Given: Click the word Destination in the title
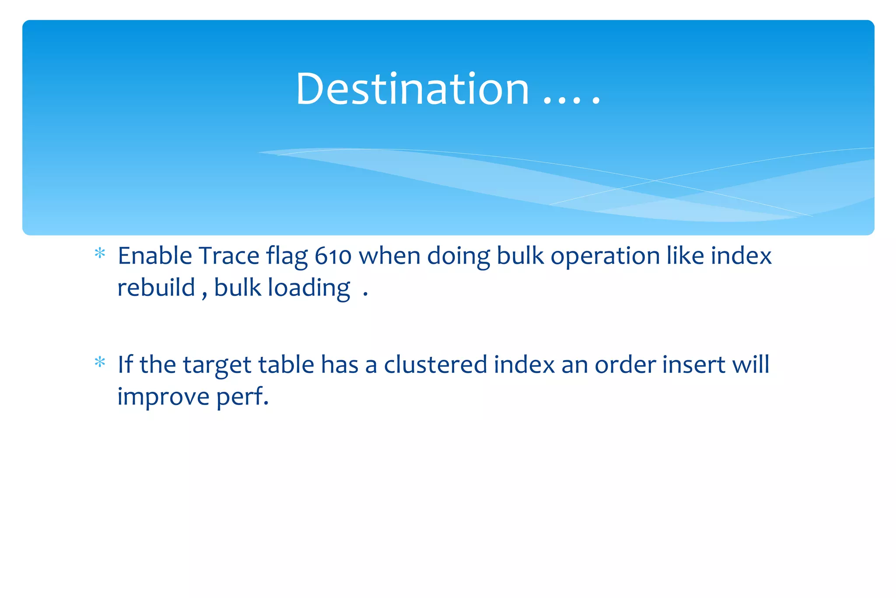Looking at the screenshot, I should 413,89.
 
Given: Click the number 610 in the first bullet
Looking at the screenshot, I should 333,257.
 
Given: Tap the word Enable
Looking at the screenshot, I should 155,256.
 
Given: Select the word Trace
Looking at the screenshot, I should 229,256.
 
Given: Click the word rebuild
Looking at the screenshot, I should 156,288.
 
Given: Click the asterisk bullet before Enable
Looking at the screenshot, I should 100,253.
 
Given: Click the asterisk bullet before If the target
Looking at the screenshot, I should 100,362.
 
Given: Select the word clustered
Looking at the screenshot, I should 435,365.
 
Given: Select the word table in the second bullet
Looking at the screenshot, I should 286,365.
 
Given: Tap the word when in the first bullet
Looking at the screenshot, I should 389,256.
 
